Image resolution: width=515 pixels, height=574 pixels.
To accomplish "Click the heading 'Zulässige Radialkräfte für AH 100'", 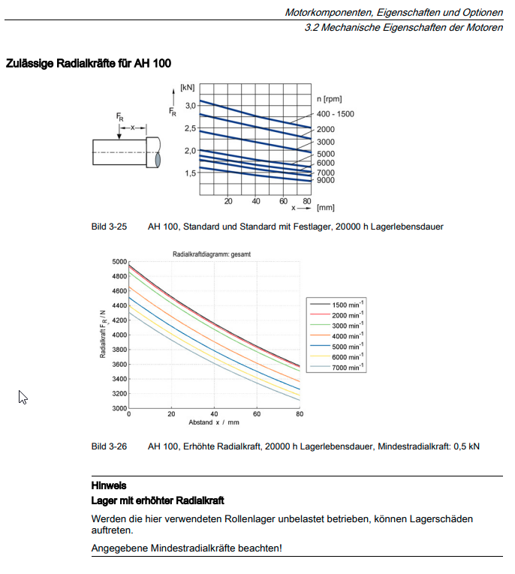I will point(89,64).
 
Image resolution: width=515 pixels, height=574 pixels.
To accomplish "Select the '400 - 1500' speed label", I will point(335,114).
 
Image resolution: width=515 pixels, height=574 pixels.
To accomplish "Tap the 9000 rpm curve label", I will point(325,181).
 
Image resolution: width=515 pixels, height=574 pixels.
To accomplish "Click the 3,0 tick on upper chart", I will point(190,106).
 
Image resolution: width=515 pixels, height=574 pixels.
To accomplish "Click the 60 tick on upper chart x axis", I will point(283,201).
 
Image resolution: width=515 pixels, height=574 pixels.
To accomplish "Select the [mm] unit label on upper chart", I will point(325,207).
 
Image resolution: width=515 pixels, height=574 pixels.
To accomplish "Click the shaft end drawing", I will point(126,152).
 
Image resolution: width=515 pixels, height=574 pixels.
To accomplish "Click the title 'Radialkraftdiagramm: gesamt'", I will point(212,254).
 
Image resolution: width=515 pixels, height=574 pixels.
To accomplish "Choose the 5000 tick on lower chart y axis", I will point(119,262).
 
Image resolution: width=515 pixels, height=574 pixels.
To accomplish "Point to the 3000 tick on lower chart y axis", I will point(119,409).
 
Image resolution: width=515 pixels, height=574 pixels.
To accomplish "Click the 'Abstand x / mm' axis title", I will point(214,423).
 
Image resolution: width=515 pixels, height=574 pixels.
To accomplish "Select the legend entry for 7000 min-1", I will point(348,367).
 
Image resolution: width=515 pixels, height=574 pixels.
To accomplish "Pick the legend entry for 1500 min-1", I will point(348,304).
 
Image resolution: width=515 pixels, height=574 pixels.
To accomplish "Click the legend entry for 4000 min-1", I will point(348,335).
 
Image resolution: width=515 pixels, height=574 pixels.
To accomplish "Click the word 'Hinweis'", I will point(109,486).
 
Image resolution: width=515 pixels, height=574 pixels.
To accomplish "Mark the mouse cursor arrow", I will point(23,397).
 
